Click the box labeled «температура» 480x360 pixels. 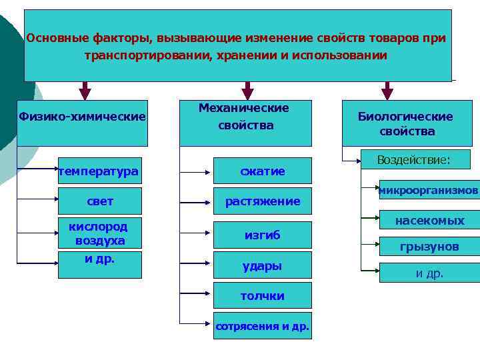tap(99, 171)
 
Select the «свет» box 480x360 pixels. tap(100, 201)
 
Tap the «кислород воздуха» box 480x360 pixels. tap(100, 233)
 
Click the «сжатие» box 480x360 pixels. tap(262, 171)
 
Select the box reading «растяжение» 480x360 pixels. tap(262, 201)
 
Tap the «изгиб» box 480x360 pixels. tap(262, 235)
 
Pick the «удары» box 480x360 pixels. tap(262, 265)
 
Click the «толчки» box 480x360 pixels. tap(262, 295)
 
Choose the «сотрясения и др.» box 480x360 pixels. tap(262, 326)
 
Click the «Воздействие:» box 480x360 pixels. tap(413, 160)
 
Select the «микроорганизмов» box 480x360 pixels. tap(429, 190)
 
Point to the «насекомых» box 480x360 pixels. tap(429, 219)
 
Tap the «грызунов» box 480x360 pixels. tap(429, 247)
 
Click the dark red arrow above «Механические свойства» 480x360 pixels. tap(247, 91)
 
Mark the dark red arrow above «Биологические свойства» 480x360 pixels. tap(387, 91)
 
